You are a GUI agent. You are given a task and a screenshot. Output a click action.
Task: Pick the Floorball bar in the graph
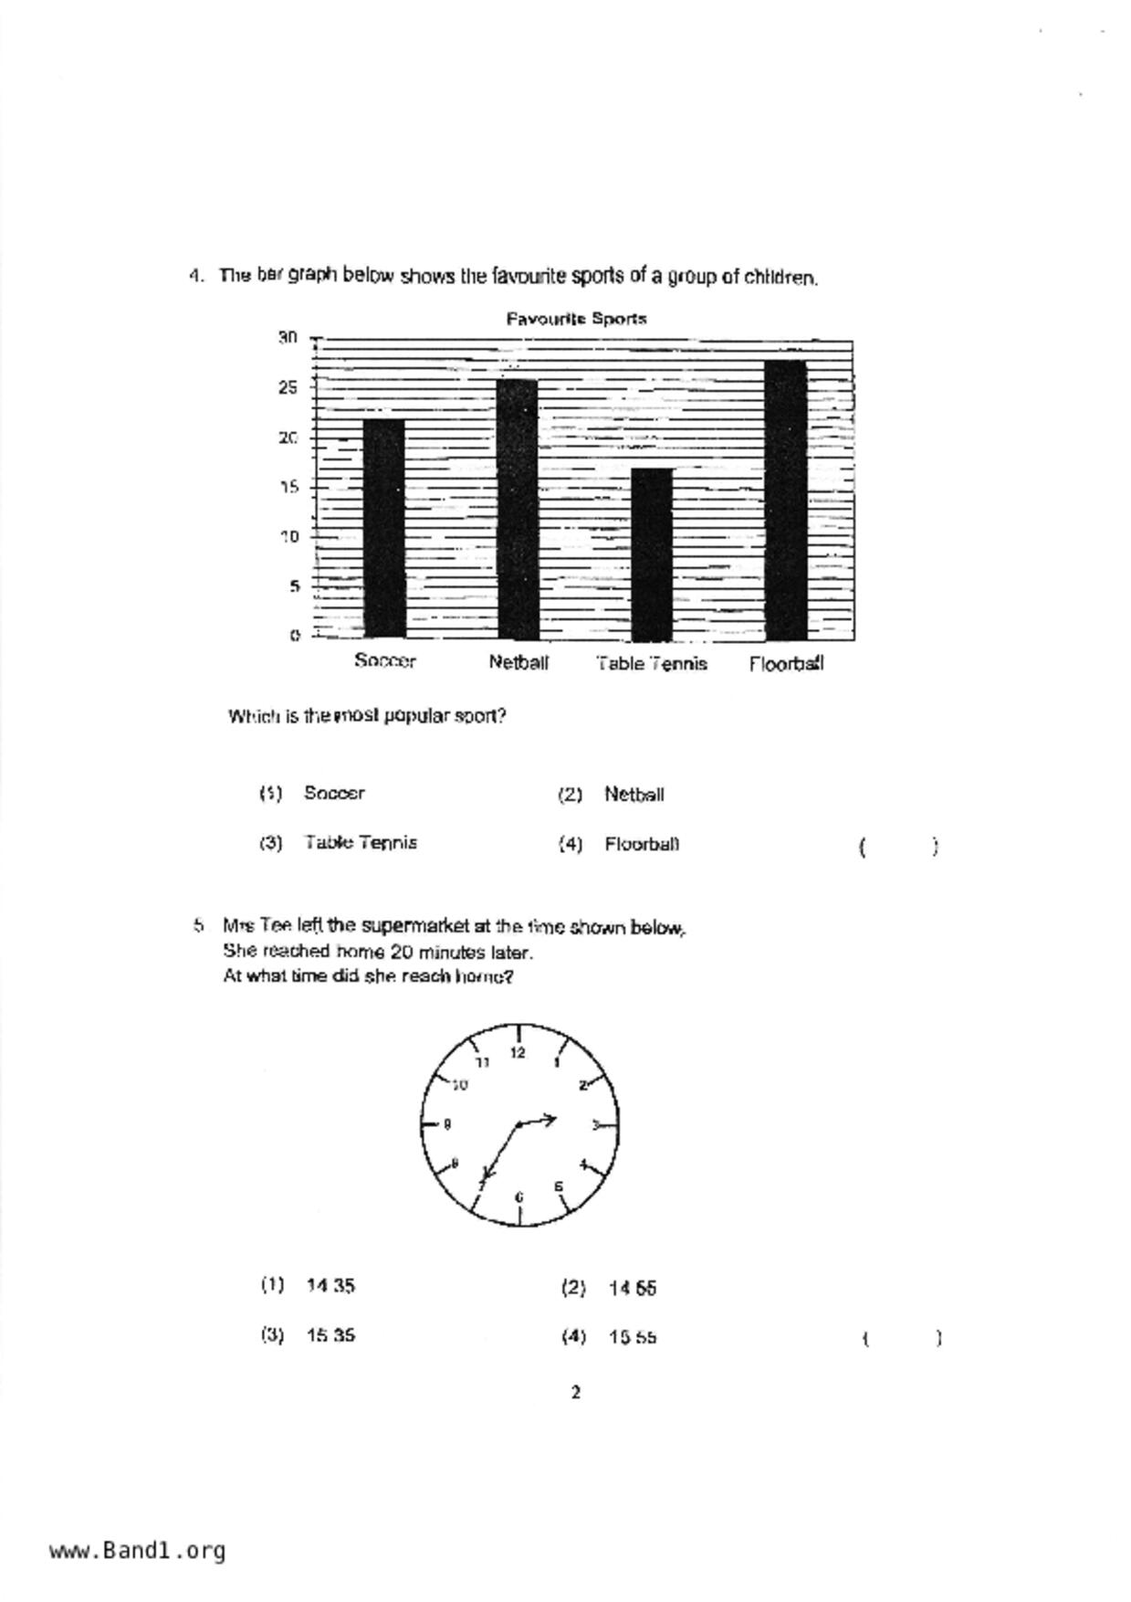(x=786, y=500)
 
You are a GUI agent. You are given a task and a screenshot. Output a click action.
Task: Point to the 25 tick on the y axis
(x=288, y=387)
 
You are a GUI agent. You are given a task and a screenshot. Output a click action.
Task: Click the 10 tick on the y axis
(x=289, y=536)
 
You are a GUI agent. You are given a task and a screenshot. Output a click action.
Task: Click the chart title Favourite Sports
(x=576, y=319)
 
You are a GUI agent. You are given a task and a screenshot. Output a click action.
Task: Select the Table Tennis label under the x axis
(x=652, y=664)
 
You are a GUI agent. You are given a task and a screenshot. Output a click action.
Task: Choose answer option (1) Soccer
(x=334, y=793)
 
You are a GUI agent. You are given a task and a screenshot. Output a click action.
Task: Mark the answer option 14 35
(x=330, y=1286)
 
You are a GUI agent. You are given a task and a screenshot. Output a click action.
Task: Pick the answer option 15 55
(x=633, y=1337)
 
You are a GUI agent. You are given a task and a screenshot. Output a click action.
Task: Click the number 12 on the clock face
(x=518, y=1053)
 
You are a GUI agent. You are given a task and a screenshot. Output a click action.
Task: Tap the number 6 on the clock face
(x=519, y=1196)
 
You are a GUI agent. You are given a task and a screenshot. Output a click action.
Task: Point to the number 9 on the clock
(x=446, y=1124)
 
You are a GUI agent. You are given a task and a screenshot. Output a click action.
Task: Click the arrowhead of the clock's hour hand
(x=550, y=1118)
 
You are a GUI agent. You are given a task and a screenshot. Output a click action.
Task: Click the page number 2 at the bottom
(x=575, y=1393)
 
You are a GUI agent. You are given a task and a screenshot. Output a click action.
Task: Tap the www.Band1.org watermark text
(x=137, y=1551)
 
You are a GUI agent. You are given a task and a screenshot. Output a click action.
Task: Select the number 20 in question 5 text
(x=402, y=953)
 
